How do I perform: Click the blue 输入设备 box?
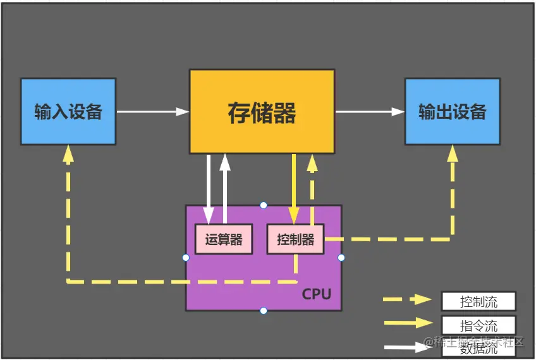click(68, 112)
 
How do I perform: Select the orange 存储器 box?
click(262, 112)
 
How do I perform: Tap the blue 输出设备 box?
click(453, 112)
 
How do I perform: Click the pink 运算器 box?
click(223, 239)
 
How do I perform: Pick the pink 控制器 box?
click(295, 239)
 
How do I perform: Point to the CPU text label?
click(316, 294)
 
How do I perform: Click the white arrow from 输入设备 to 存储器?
click(152, 112)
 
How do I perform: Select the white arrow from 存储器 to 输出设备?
click(370, 112)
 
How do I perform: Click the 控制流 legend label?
click(478, 301)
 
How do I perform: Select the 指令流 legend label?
click(478, 325)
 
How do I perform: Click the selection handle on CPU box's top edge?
click(264, 205)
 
